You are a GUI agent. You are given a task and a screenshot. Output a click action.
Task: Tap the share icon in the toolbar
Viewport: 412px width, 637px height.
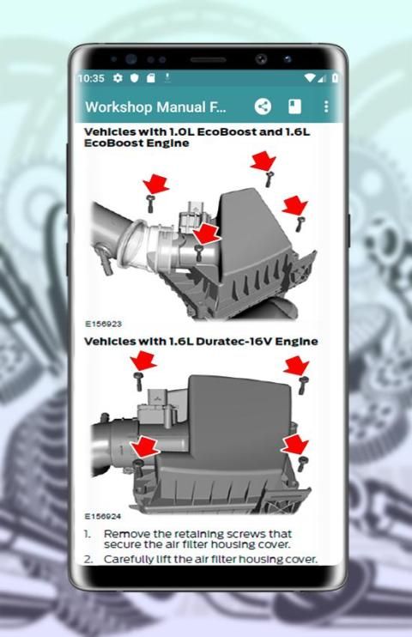(263, 106)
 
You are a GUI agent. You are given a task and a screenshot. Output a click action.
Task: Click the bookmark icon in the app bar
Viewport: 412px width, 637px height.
(294, 106)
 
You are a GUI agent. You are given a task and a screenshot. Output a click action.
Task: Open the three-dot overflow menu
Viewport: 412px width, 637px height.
(326, 106)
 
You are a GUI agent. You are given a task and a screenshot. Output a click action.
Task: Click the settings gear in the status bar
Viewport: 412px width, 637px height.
(118, 78)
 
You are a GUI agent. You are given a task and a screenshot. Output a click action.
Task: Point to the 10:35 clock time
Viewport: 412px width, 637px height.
(91, 78)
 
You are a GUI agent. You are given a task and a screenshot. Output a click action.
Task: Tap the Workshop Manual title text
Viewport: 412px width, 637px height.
(155, 107)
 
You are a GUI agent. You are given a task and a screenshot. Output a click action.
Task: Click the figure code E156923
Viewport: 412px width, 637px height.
(103, 324)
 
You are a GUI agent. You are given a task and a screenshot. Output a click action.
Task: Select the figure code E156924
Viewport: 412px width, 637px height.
(103, 516)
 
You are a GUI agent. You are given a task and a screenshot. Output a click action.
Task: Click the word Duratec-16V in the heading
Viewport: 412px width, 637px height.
(233, 342)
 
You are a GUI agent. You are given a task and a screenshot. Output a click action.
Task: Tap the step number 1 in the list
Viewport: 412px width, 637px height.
(88, 534)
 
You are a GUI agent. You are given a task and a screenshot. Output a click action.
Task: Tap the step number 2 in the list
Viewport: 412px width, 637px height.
(88, 560)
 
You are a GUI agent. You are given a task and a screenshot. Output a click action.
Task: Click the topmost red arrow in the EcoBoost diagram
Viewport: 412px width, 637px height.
(263, 161)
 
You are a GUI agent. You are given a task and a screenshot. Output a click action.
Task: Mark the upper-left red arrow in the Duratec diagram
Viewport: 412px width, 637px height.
(143, 362)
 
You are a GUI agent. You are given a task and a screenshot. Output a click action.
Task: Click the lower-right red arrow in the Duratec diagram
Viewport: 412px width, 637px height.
(295, 445)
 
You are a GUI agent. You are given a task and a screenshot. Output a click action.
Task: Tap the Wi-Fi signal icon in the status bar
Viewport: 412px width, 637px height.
(310, 77)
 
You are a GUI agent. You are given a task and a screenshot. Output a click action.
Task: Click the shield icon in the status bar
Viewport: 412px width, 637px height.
(135, 78)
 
